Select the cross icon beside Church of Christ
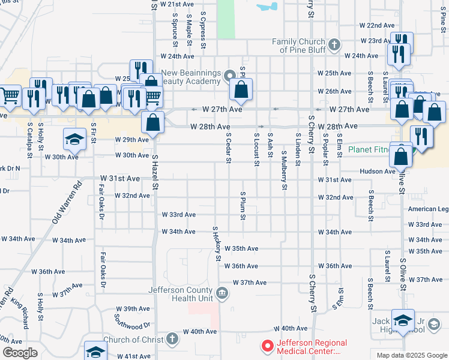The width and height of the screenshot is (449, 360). (172, 339)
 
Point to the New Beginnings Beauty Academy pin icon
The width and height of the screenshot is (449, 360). (229, 76)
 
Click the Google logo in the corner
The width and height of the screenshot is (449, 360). (20, 353)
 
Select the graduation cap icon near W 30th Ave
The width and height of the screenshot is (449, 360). (74, 139)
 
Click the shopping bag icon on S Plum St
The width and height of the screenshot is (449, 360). (241, 90)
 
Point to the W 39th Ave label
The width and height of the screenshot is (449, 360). (133, 308)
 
